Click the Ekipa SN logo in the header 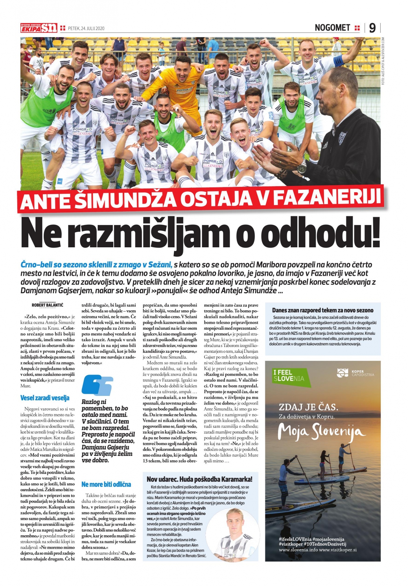coord(39,28)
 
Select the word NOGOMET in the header coord(332,28)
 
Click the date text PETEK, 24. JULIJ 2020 coord(86,28)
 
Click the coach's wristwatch coord(302,166)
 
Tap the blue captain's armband coord(338,60)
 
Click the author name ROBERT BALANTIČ coord(48,305)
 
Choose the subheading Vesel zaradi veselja coord(45,398)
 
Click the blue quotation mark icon coord(97,386)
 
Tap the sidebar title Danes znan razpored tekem coord(323,310)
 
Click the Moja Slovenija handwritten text coord(322,432)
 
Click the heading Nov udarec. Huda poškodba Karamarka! coord(199,479)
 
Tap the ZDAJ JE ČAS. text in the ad coord(308,407)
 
